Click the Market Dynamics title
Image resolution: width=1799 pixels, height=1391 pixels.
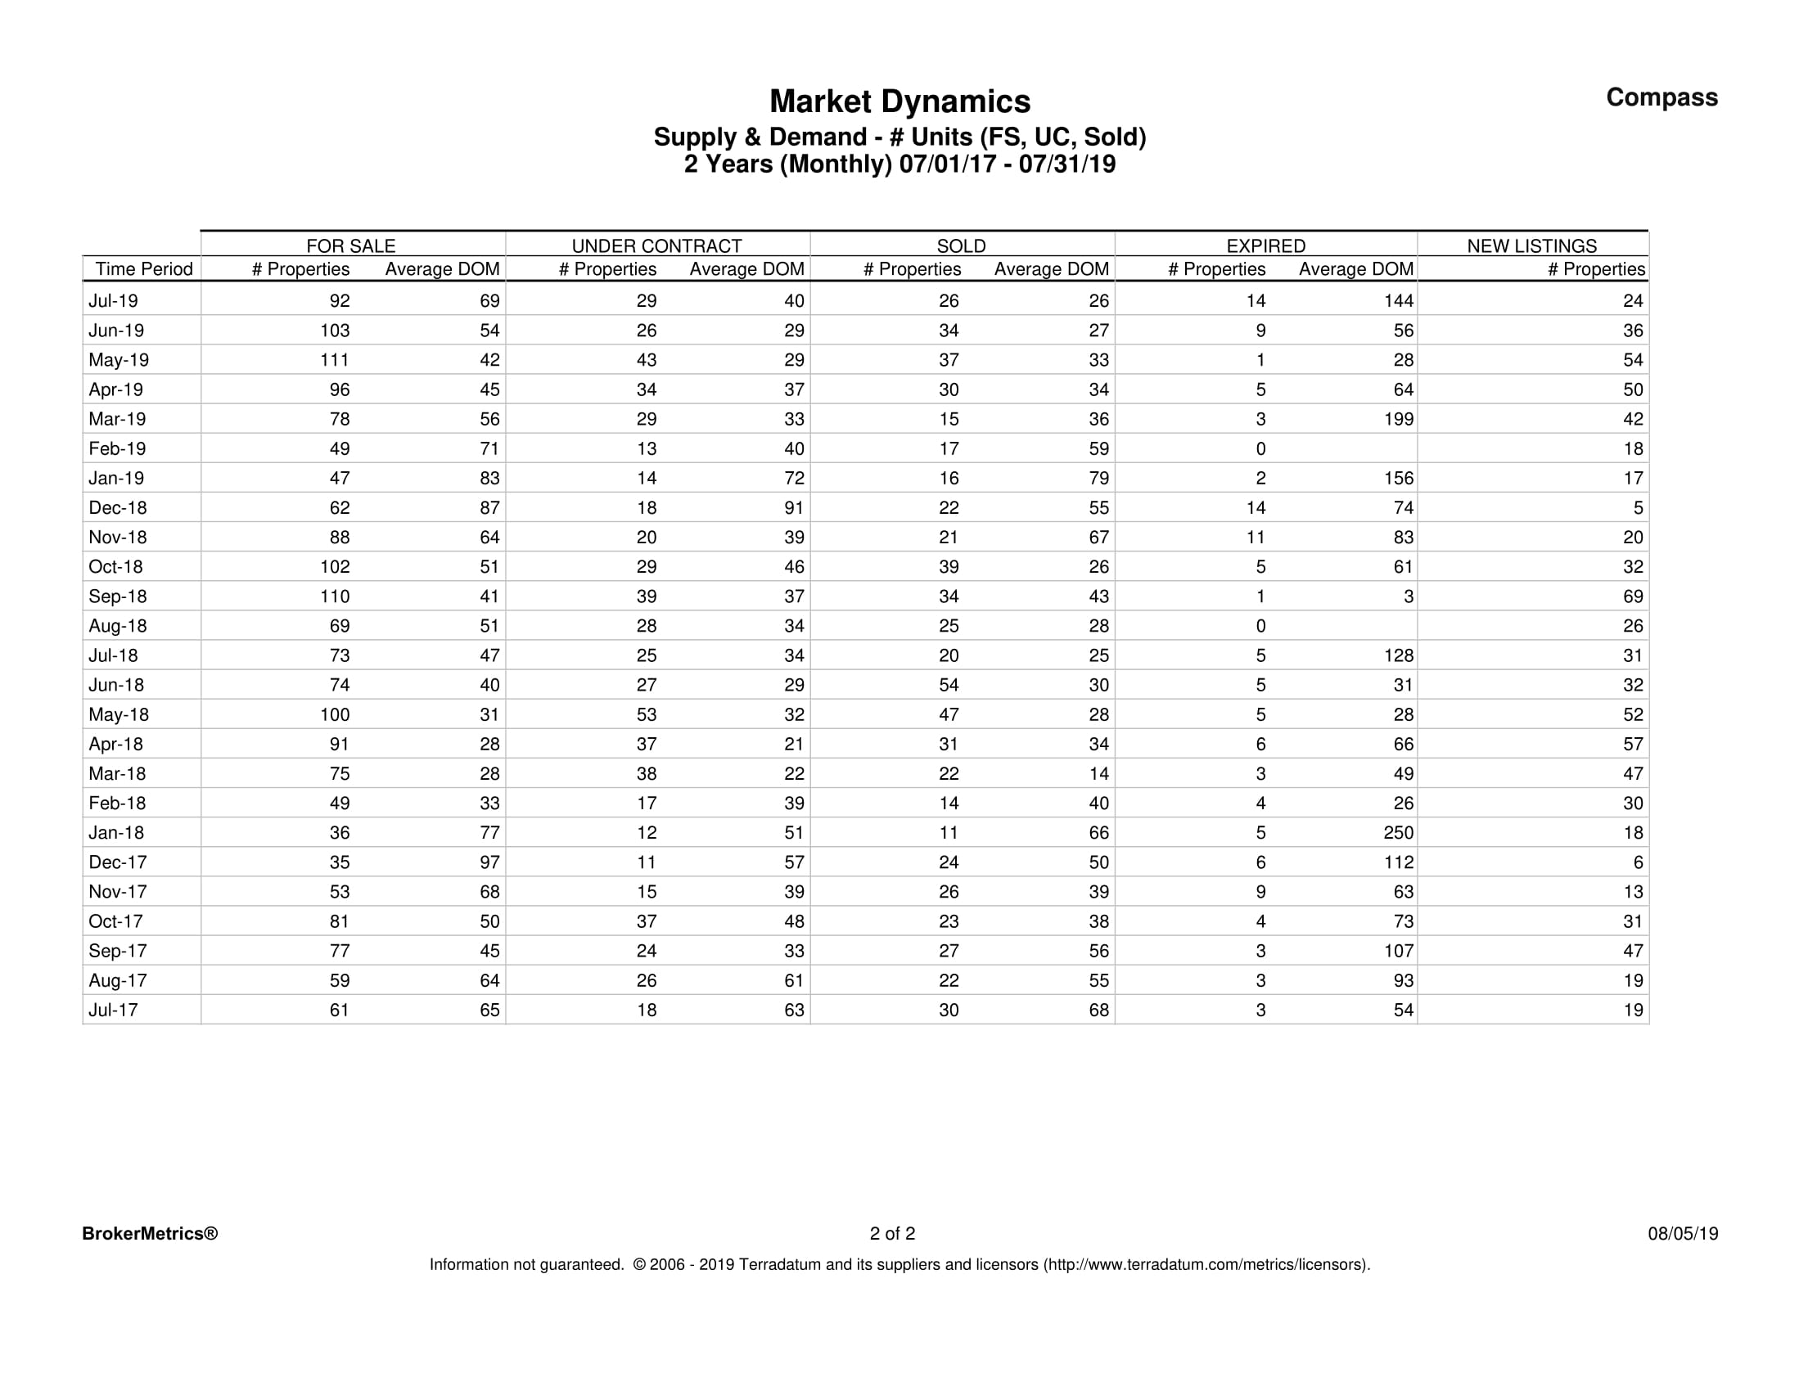click(x=899, y=102)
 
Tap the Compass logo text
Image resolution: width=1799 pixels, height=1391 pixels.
click(x=1661, y=97)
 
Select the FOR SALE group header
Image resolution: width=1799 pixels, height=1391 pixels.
click(x=351, y=245)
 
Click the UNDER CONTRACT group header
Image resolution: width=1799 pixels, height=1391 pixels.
click(x=656, y=245)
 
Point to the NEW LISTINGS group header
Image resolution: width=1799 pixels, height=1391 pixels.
click(x=1531, y=245)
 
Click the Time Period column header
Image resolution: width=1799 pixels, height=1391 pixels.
click(x=143, y=269)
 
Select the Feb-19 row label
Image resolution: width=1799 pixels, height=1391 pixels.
click(x=117, y=449)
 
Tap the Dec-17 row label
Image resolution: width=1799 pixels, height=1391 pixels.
click(x=117, y=862)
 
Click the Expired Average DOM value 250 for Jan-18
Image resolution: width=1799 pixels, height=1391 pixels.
click(x=1398, y=833)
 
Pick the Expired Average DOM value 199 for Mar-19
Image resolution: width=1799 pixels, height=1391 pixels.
click(x=1398, y=419)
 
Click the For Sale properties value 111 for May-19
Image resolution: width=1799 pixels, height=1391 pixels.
click(x=335, y=360)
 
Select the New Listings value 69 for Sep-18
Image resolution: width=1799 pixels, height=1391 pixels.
click(x=1633, y=596)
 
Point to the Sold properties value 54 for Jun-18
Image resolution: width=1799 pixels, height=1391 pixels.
click(x=949, y=685)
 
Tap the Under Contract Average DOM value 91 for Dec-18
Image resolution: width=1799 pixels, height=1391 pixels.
click(x=794, y=508)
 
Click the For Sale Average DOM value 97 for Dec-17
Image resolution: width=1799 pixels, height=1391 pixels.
click(x=489, y=862)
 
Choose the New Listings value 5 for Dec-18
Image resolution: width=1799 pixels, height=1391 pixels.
click(x=1639, y=508)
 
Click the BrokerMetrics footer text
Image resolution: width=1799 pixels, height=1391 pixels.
click(x=150, y=1234)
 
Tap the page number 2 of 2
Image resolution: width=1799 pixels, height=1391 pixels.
click(x=892, y=1234)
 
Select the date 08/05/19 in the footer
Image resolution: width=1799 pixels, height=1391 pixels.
click(x=1683, y=1234)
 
